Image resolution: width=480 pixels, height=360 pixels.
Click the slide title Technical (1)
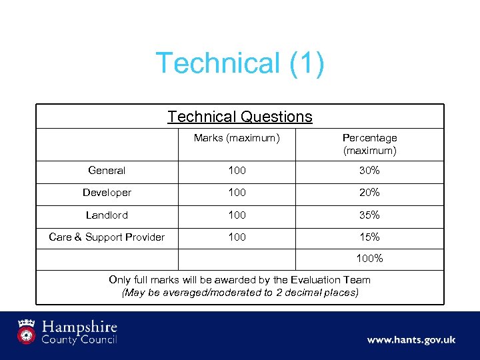pyautogui.click(x=240, y=64)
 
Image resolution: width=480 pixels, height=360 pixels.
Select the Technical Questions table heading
pyautogui.click(x=240, y=117)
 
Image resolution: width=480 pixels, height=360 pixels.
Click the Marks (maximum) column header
pyautogui.click(x=236, y=138)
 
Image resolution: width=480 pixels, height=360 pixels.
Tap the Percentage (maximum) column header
pyautogui.click(x=369, y=144)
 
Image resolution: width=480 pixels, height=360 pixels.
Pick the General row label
pyautogui.click(x=107, y=171)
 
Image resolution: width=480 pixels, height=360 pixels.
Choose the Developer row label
pyautogui.click(x=107, y=193)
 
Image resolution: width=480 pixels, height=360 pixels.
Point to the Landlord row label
pyautogui.click(x=107, y=215)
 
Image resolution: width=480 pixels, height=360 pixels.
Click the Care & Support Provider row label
pyautogui.click(x=107, y=237)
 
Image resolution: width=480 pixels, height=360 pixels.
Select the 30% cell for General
pyautogui.click(x=369, y=171)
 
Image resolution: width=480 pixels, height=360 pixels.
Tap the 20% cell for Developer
pyautogui.click(x=369, y=193)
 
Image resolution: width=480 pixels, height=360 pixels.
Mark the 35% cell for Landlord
pyautogui.click(x=369, y=215)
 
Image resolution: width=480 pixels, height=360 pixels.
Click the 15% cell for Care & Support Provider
pyautogui.click(x=369, y=237)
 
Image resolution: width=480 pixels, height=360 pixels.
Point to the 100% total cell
pyautogui.click(x=369, y=258)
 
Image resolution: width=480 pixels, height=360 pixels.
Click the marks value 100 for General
pyautogui.click(x=237, y=171)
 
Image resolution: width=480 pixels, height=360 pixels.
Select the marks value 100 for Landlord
pyautogui.click(x=237, y=215)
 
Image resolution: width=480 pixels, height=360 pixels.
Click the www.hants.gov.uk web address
pyautogui.click(x=411, y=340)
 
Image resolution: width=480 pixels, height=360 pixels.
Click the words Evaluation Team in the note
pyautogui.click(x=329, y=280)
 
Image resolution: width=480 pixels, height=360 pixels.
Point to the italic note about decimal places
pyautogui.click(x=240, y=293)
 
